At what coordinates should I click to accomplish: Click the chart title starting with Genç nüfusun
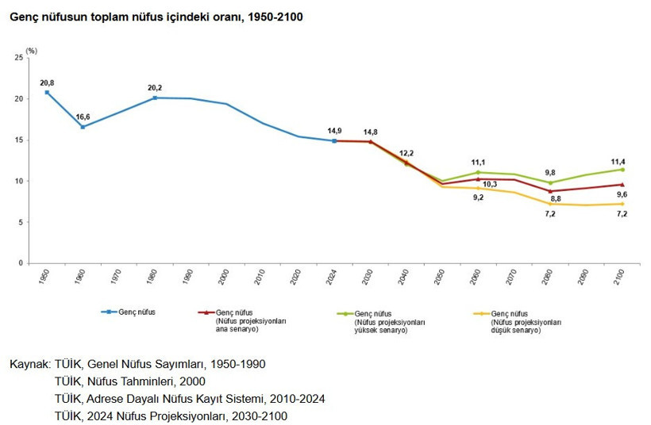(156, 17)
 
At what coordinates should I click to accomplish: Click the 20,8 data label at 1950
(47, 82)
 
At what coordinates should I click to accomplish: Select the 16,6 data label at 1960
(83, 117)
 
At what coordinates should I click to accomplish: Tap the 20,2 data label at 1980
(155, 87)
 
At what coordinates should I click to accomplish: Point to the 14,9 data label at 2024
(334, 131)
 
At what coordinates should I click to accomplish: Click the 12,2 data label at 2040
(406, 152)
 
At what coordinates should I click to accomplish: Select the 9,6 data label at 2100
(622, 194)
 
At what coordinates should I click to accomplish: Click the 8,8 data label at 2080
(556, 199)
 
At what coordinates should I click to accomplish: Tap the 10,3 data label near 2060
(489, 184)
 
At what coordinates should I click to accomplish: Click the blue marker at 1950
(47, 92)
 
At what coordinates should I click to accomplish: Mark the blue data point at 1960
(83, 127)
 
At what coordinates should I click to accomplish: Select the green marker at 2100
(622, 170)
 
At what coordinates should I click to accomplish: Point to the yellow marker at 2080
(550, 204)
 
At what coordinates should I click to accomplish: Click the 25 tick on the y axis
(19, 58)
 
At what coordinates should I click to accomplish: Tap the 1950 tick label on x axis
(46, 278)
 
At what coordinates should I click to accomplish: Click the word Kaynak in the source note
(29, 364)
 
